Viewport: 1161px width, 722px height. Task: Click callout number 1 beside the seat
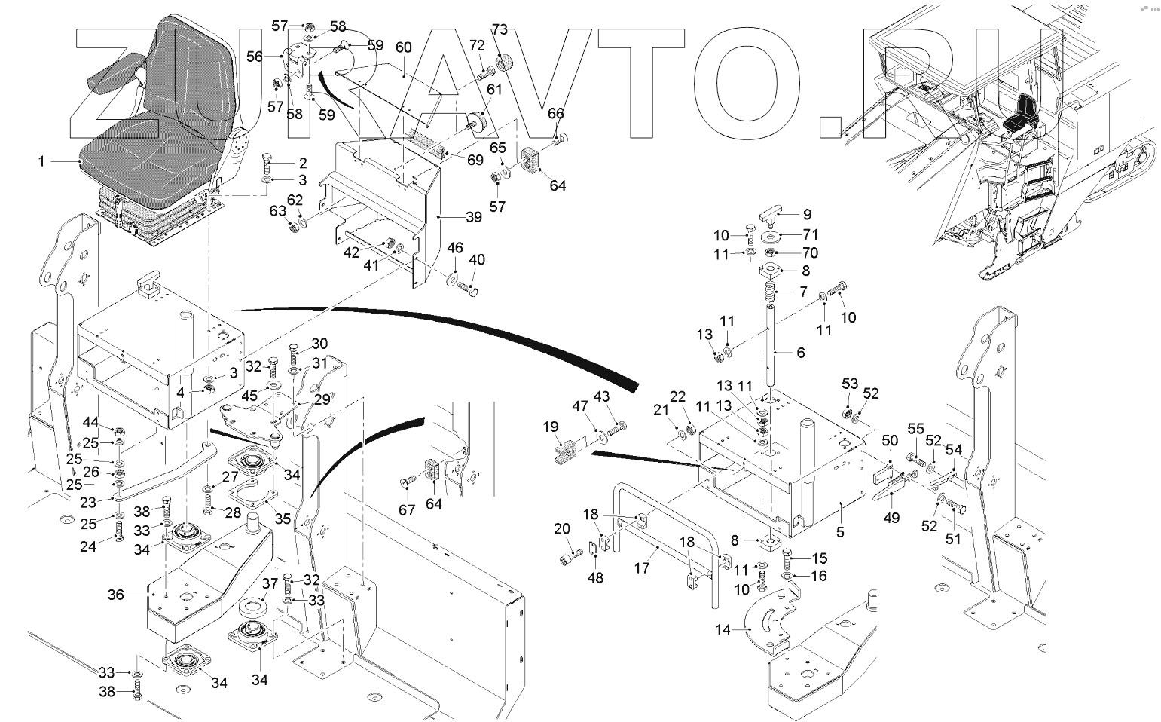[41, 162]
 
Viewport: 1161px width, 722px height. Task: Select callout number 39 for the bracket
[474, 217]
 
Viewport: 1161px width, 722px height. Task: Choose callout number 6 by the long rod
[801, 353]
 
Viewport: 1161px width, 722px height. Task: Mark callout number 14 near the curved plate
[723, 630]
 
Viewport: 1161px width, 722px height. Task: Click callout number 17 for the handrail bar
[642, 568]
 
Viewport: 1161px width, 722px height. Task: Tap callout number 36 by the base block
[115, 595]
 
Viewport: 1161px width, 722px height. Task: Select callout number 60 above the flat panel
[403, 47]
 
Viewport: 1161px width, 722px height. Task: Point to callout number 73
[500, 29]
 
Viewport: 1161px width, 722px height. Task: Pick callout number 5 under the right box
[840, 532]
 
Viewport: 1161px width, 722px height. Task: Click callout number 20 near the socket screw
[562, 528]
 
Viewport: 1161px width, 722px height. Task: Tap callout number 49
[891, 518]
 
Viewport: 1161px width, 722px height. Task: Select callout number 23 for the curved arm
[87, 502]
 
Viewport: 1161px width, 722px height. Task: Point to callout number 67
[407, 510]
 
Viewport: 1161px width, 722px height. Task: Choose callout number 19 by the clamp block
[551, 427]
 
